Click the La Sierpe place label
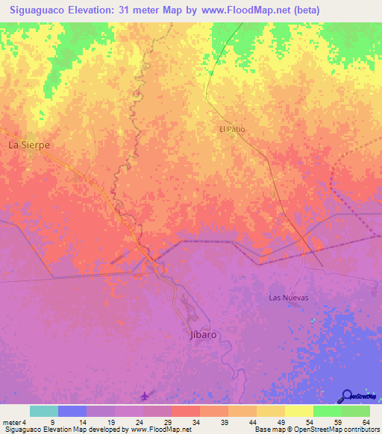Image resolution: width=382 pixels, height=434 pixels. [29, 145]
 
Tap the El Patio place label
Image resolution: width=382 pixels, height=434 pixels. [231, 129]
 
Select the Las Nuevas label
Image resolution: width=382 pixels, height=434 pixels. [288, 298]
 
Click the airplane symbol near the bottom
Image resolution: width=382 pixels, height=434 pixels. [145, 395]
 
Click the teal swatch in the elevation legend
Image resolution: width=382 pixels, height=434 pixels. [44, 411]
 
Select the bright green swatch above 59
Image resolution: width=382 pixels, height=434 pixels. [327, 411]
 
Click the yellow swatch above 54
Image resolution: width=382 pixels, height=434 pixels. [298, 411]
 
